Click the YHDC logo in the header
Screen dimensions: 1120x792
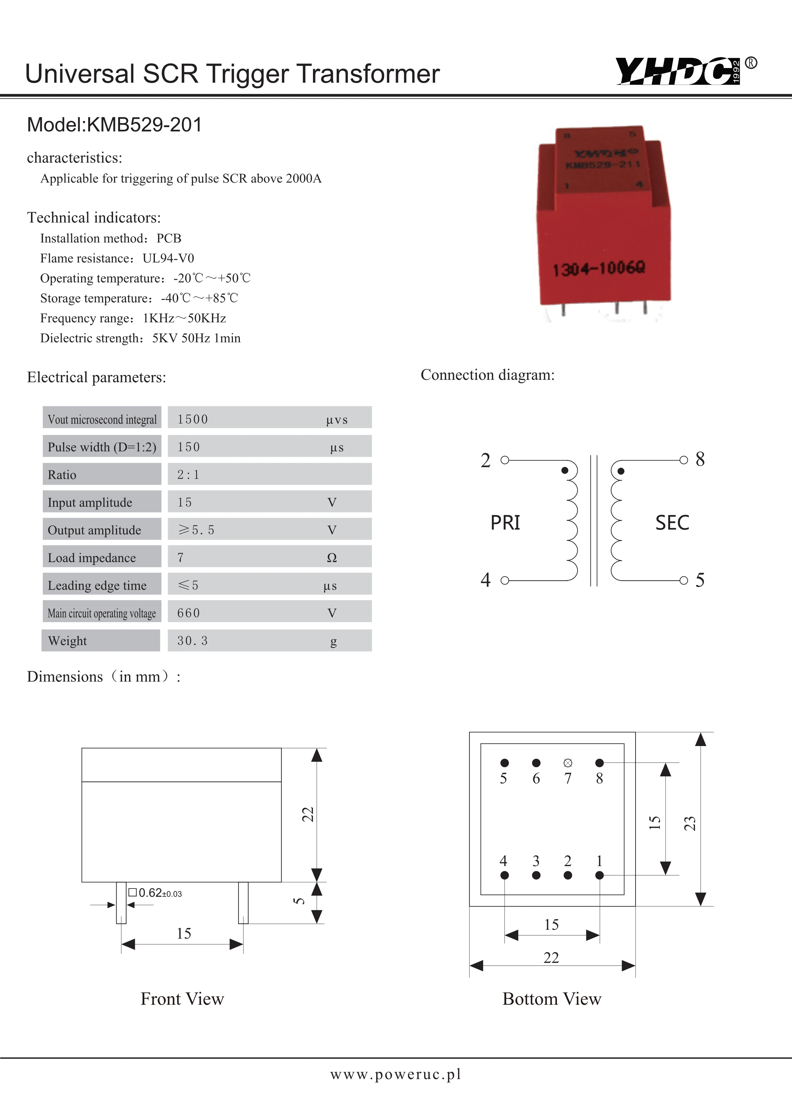[x=678, y=71]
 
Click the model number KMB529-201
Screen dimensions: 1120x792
[x=144, y=125]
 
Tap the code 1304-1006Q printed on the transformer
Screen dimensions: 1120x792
[x=598, y=268]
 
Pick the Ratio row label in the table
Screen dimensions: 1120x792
[x=62, y=475]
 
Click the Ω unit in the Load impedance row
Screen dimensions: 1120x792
[x=331, y=558]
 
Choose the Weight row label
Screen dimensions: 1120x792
[x=67, y=641]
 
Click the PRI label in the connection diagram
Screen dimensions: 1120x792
[x=505, y=522]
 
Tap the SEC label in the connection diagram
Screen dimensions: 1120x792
[x=672, y=522]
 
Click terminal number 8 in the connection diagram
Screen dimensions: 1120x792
[x=700, y=459]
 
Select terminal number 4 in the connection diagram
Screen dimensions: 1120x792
[x=485, y=580]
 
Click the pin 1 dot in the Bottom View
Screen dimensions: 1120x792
[x=599, y=875]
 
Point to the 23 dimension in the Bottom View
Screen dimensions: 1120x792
[x=689, y=823]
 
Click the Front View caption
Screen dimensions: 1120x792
[x=182, y=999]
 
